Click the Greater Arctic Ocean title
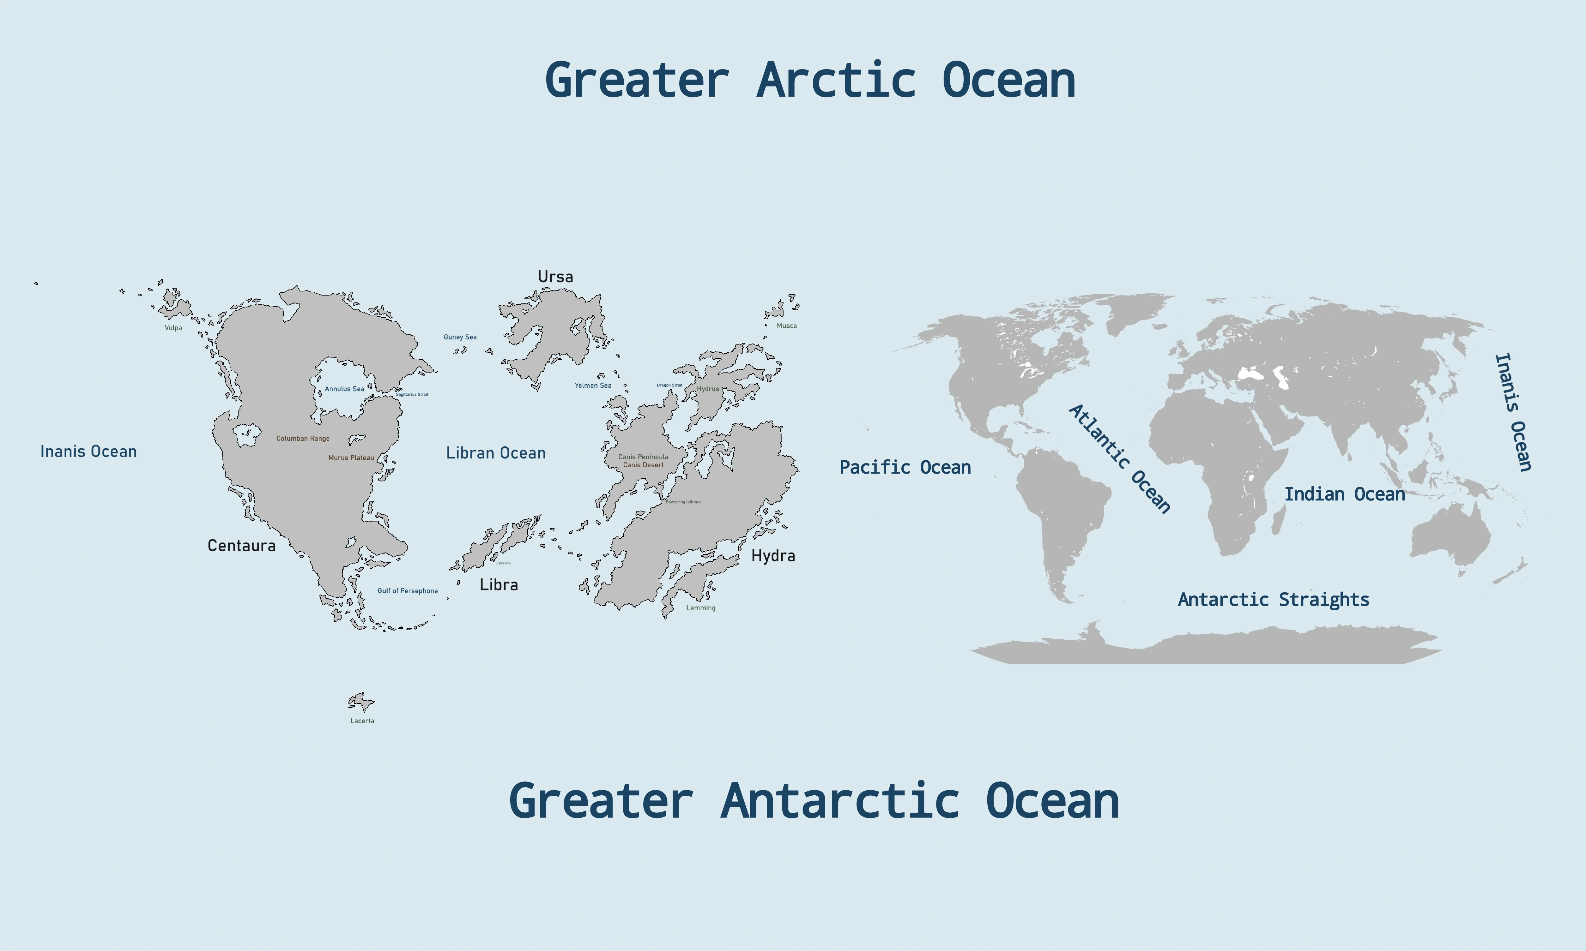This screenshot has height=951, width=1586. (x=810, y=81)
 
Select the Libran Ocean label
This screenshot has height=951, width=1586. (x=495, y=453)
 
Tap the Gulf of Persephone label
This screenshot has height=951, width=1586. (x=408, y=591)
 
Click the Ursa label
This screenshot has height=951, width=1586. (x=555, y=277)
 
